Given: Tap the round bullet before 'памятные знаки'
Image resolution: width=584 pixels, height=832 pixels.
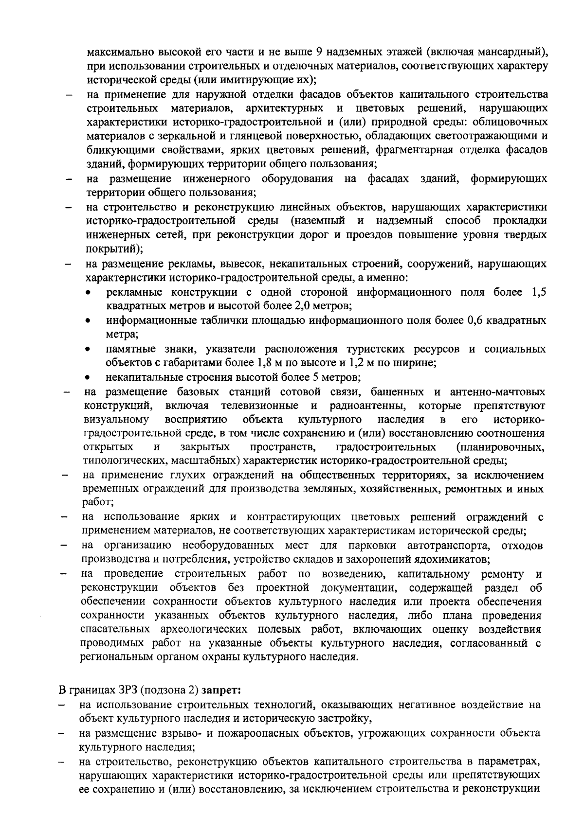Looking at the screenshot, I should coord(88,350).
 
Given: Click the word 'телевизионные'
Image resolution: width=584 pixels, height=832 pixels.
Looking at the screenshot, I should coord(260,406).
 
